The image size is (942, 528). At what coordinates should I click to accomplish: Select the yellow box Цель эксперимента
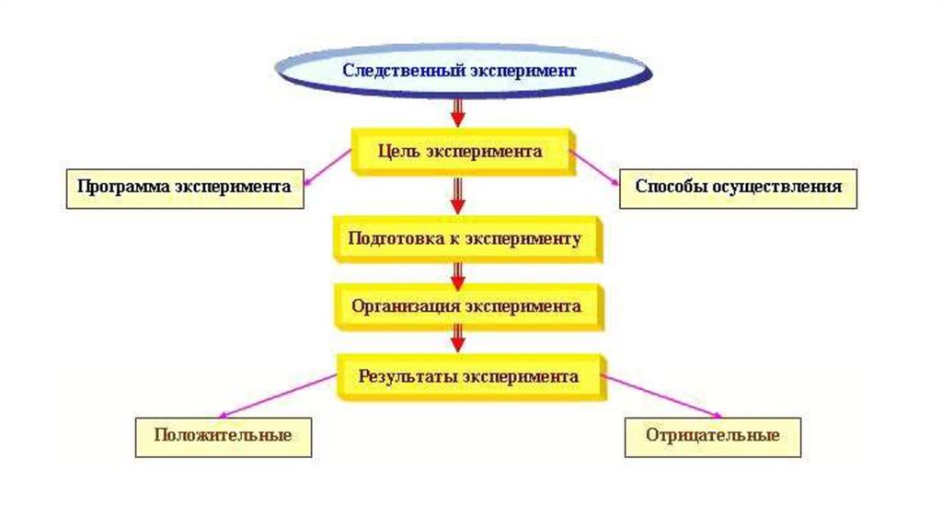click(461, 151)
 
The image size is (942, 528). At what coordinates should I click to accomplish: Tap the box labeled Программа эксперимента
click(184, 187)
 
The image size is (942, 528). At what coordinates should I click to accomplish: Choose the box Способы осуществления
click(738, 187)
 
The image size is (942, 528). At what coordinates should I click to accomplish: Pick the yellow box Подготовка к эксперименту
click(465, 239)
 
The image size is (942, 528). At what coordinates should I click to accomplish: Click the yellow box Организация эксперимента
click(465, 306)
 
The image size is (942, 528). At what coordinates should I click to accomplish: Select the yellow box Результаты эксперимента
click(468, 376)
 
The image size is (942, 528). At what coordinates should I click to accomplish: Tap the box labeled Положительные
click(224, 435)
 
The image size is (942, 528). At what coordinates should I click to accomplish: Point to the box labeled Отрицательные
click(713, 435)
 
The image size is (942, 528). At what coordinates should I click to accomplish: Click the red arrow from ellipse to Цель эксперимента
click(457, 110)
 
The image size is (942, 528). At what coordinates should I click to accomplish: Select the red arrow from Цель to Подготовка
click(457, 194)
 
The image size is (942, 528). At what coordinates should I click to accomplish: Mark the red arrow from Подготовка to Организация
click(457, 273)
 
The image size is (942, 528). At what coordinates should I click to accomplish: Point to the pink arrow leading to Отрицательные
click(662, 396)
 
